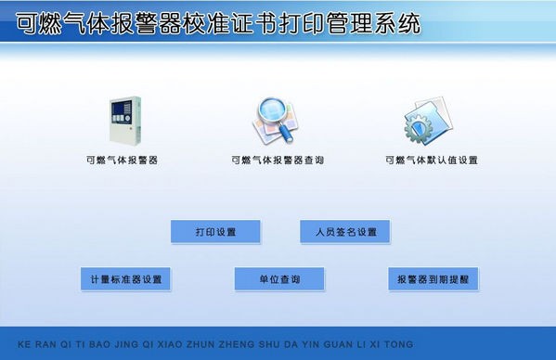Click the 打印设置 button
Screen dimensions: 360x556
pyautogui.click(x=215, y=232)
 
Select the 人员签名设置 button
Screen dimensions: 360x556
pyautogui.click(x=344, y=232)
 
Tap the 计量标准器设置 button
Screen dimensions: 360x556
pyautogui.click(x=125, y=279)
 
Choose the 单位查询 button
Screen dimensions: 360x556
pyautogui.click(x=279, y=279)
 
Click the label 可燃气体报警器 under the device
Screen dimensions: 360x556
pyautogui.click(x=122, y=160)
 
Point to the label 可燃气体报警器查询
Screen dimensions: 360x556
pyautogui.click(x=278, y=160)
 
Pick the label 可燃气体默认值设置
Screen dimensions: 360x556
pyautogui.click(x=432, y=160)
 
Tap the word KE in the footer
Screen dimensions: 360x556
pyautogui.click(x=24, y=344)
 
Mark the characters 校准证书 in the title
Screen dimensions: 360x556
pyautogui.click(x=232, y=22)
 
